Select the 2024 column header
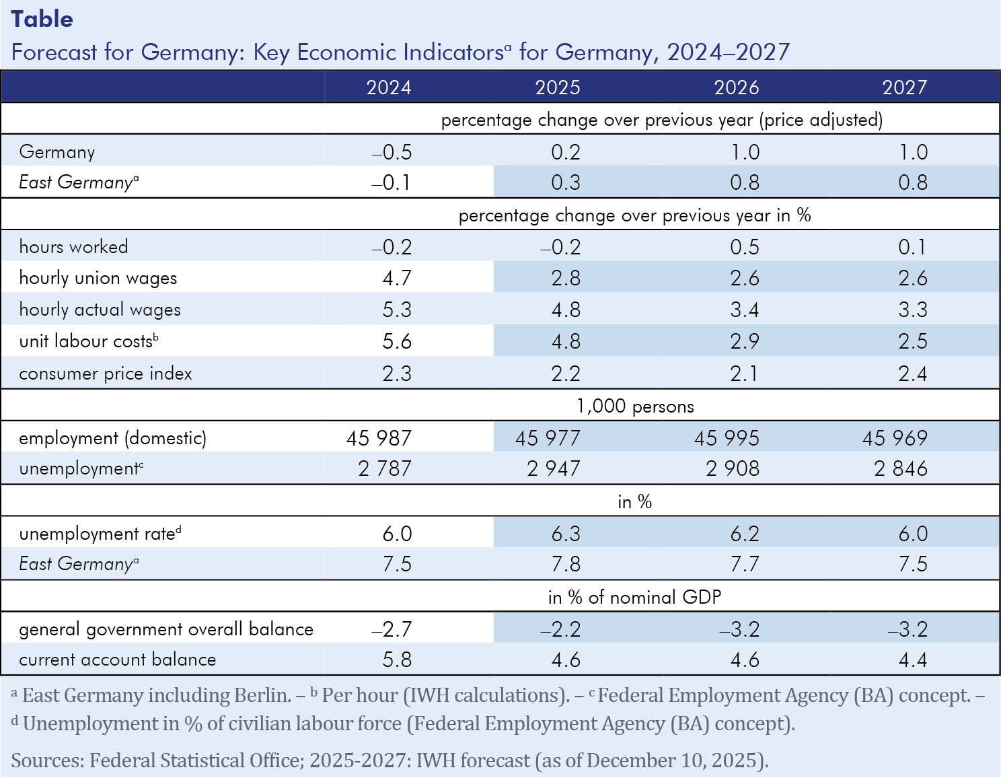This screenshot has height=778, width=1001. pyautogui.click(x=389, y=87)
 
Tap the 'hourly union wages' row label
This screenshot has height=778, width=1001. pyautogui.click(x=98, y=278)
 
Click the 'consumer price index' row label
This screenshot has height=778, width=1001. pyautogui.click(x=106, y=374)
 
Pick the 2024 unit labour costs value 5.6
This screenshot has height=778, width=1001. pyautogui.click(x=397, y=341)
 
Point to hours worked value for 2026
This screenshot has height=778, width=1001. pyautogui.click(x=745, y=247)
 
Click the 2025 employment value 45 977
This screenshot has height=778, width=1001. pyautogui.click(x=548, y=438)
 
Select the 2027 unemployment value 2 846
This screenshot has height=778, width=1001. pyautogui.click(x=901, y=468)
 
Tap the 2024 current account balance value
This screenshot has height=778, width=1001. pyautogui.click(x=397, y=660)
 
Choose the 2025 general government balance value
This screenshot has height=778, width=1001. pyautogui.click(x=560, y=629)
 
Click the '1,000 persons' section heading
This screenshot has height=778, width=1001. pyautogui.click(x=635, y=406)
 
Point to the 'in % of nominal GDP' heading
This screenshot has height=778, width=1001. pyautogui.click(x=634, y=598)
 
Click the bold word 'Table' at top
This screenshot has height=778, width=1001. pyautogui.click(x=42, y=19)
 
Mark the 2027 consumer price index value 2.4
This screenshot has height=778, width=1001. pyautogui.click(x=913, y=374)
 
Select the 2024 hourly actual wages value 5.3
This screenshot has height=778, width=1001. pyautogui.click(x=397, y=310)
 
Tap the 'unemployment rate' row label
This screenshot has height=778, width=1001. pyautogui.click(x=98, y=534)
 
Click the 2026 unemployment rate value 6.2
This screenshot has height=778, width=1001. pyautogui.click(x=745, y=534)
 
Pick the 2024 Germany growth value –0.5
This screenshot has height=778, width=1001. pyautogui.click(x=392, y=152)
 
